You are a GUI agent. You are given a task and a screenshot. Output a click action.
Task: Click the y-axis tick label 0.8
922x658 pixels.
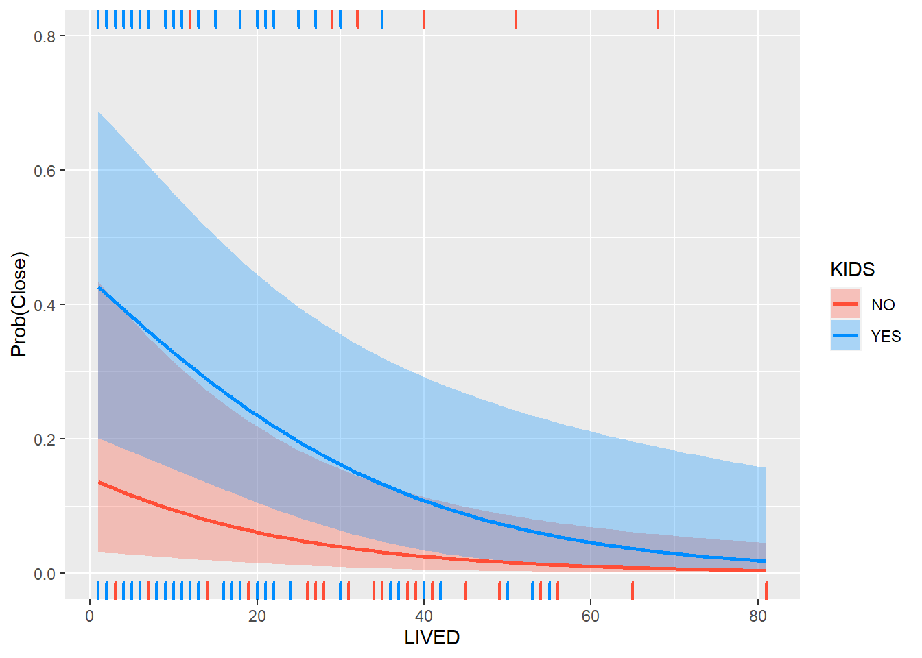(45, 36)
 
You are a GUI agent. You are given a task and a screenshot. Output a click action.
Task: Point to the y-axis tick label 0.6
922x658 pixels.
(45, 171)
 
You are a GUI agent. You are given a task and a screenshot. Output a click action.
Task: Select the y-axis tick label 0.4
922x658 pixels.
(45, 305)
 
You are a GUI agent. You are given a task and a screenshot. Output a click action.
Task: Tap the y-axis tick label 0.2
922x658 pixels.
(45, 439)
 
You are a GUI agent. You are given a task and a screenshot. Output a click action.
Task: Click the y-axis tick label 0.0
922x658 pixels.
(45, 574)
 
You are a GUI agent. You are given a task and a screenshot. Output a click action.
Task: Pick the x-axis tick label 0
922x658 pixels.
(90, 616)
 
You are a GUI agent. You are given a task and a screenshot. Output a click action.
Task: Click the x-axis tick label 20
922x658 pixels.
(257, 616)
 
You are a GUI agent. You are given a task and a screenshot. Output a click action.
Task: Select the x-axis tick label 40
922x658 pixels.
(424, 616)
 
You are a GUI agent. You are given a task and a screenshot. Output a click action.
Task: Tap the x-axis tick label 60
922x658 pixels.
(591, 616)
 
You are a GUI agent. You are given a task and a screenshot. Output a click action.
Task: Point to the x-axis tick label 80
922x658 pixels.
(758, 616)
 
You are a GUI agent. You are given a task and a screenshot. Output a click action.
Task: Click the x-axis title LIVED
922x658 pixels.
(432, 638)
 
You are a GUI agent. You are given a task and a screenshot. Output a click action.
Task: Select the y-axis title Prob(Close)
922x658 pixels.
(19, 305)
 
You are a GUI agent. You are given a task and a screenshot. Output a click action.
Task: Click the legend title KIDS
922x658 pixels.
(852, 269)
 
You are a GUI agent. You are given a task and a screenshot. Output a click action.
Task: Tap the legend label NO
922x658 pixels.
(883, 305)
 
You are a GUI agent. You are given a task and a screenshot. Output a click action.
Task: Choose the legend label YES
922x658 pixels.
(886, 337)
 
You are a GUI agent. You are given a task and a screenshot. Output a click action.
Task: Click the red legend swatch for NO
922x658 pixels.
(845, 304)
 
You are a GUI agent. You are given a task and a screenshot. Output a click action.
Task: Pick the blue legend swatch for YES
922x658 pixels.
(845, 335)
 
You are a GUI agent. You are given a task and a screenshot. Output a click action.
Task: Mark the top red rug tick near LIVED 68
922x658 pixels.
(658, 19)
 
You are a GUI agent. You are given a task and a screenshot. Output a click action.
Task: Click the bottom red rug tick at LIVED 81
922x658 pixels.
(766, 590)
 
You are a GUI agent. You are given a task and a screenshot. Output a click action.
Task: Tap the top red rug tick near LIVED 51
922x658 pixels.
(516, 19)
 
